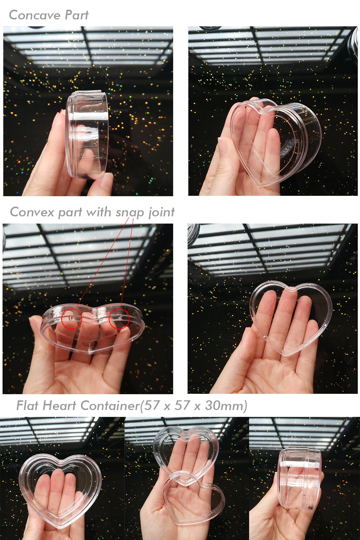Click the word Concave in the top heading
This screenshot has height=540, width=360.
click(35, 15)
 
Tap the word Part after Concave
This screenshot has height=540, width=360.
click(77, 15)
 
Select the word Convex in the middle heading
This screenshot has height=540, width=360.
click(32, 212)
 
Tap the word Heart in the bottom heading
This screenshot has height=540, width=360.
click(59, 405)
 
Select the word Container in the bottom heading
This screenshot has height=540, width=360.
click(110, 405)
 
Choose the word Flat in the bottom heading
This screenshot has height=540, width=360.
click(27, 405)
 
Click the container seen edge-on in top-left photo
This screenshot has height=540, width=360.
click(87, 135)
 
